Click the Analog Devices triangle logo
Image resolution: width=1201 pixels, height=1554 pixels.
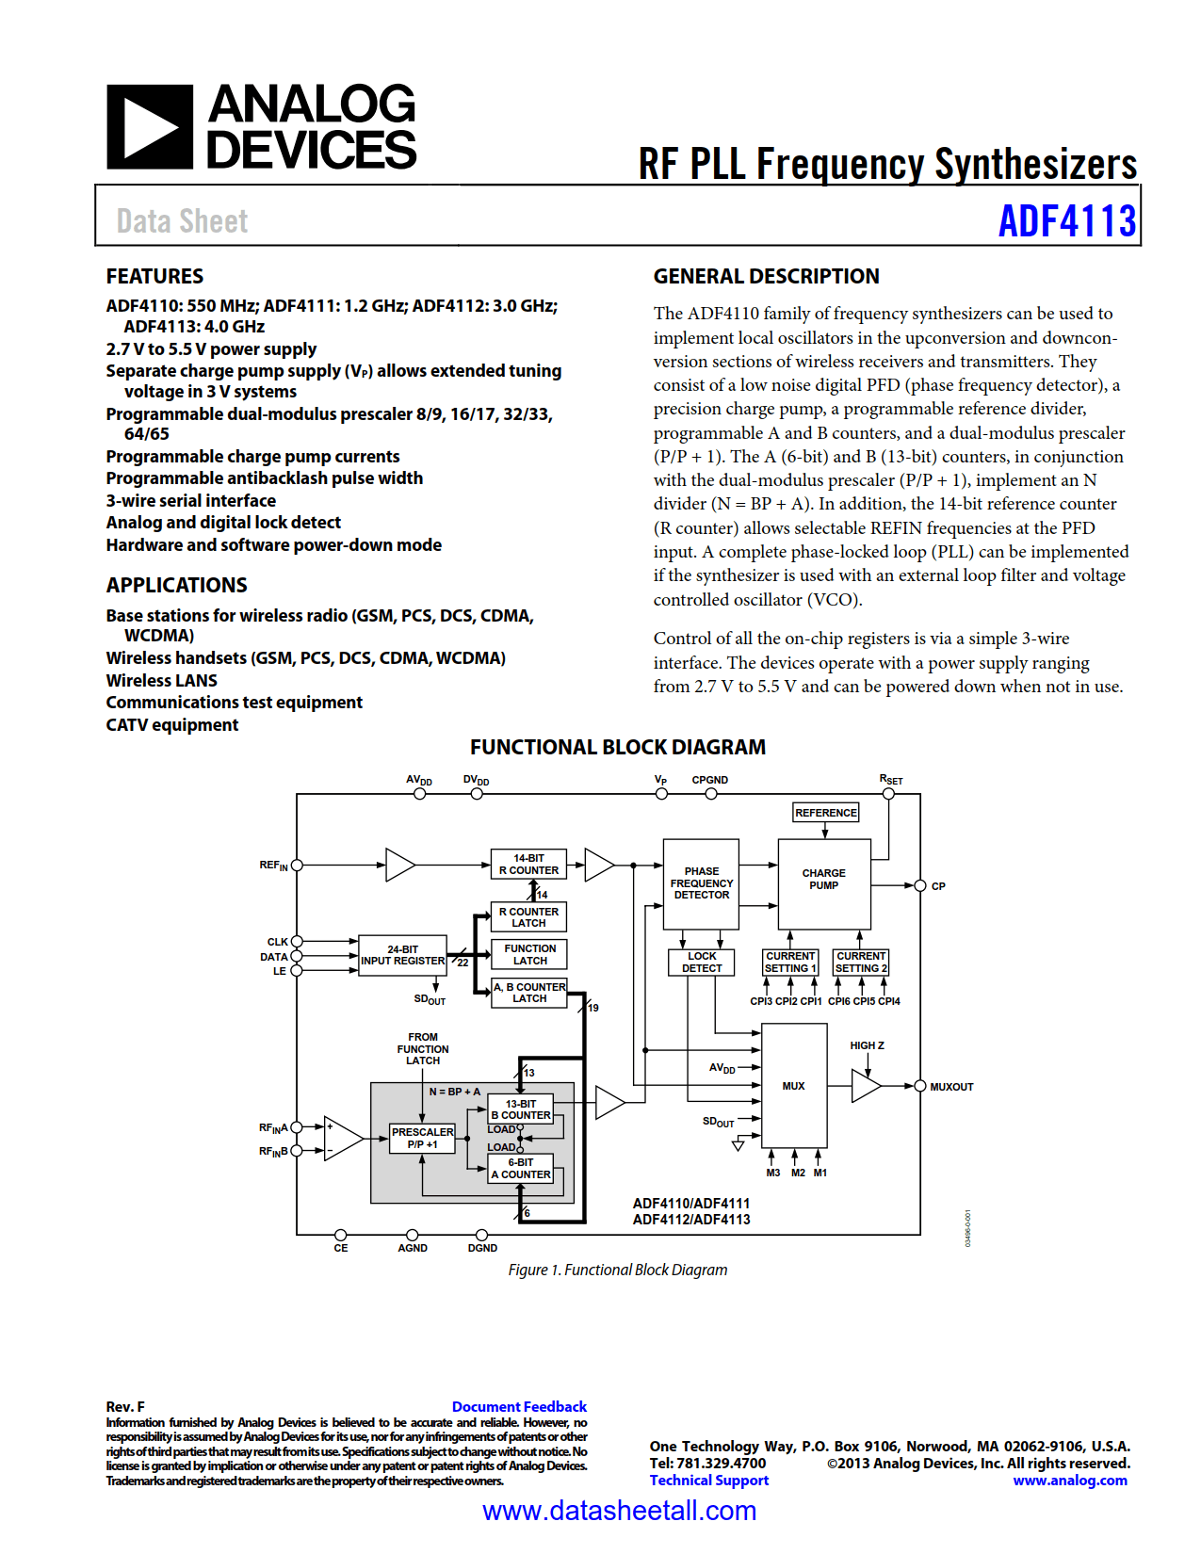(150, 127)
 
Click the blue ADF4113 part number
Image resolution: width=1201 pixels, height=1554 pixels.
(1066, 221)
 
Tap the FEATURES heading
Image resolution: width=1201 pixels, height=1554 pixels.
(154, 276)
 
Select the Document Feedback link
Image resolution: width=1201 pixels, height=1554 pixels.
(519, 1406)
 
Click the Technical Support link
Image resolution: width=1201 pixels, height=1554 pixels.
(708, 1480)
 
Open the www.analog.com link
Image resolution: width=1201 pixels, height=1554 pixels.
(1069, 1480)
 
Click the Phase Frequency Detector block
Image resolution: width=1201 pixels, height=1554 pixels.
(701, 883)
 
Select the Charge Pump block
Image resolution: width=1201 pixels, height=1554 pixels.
(823, 883)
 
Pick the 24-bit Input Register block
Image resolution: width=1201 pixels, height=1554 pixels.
(402, 955)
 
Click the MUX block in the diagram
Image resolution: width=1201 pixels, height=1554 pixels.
(794, 1085)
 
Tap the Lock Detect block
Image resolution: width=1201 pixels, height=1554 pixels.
(702, 962)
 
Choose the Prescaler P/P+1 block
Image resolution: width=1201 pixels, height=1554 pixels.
(422, 1138)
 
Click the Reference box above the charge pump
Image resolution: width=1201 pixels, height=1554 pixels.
(825, 813)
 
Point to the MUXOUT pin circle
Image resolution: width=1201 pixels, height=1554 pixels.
(920, 1086)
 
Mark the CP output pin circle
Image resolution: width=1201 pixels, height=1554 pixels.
(920, 885)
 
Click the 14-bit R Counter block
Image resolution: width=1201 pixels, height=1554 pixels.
(528, 864)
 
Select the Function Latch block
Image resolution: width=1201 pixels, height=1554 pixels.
(529, 954)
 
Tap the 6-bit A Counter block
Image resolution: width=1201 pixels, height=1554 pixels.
(520, 1169)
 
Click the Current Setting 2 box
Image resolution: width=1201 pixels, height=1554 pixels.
(861, 962)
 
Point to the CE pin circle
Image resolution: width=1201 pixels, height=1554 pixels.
(341, 1235)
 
